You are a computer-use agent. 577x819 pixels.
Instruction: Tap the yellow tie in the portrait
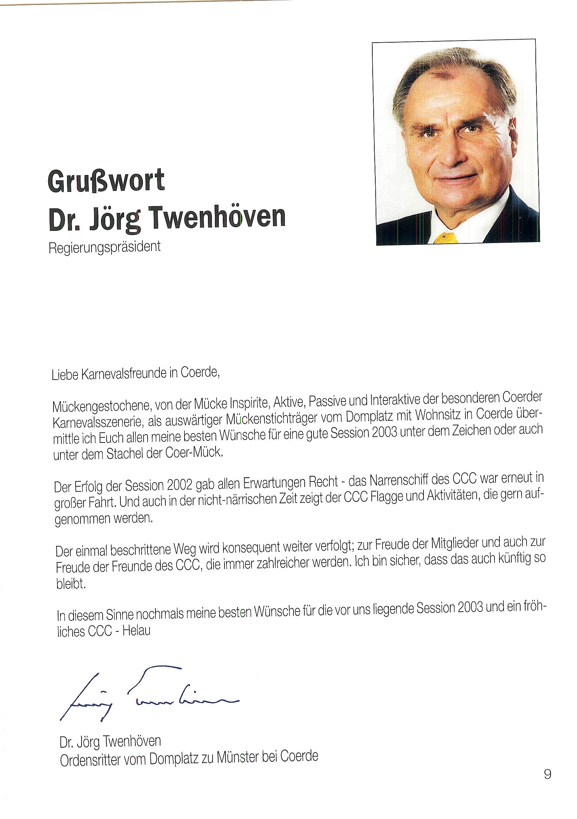tap(446, 237)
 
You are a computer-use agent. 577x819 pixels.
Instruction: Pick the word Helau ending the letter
tap(137, 631)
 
